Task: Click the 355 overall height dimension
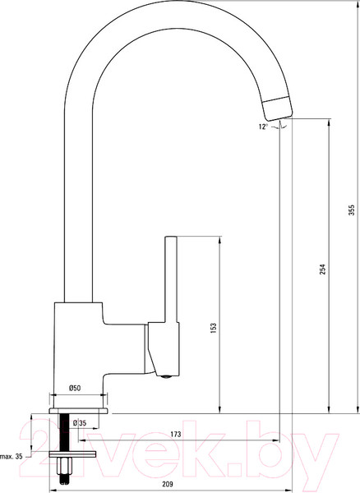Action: [x=352, y=210]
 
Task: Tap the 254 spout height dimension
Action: [x=323, y=270]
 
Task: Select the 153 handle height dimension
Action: [x=214, y=328]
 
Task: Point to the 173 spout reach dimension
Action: [x=176, y=434]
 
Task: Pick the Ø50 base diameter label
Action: [x=75, y=388]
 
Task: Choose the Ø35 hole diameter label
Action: [x=79, y=423]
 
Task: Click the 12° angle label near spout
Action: [x=263, y=127]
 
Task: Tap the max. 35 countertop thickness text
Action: [x=12, y=457]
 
